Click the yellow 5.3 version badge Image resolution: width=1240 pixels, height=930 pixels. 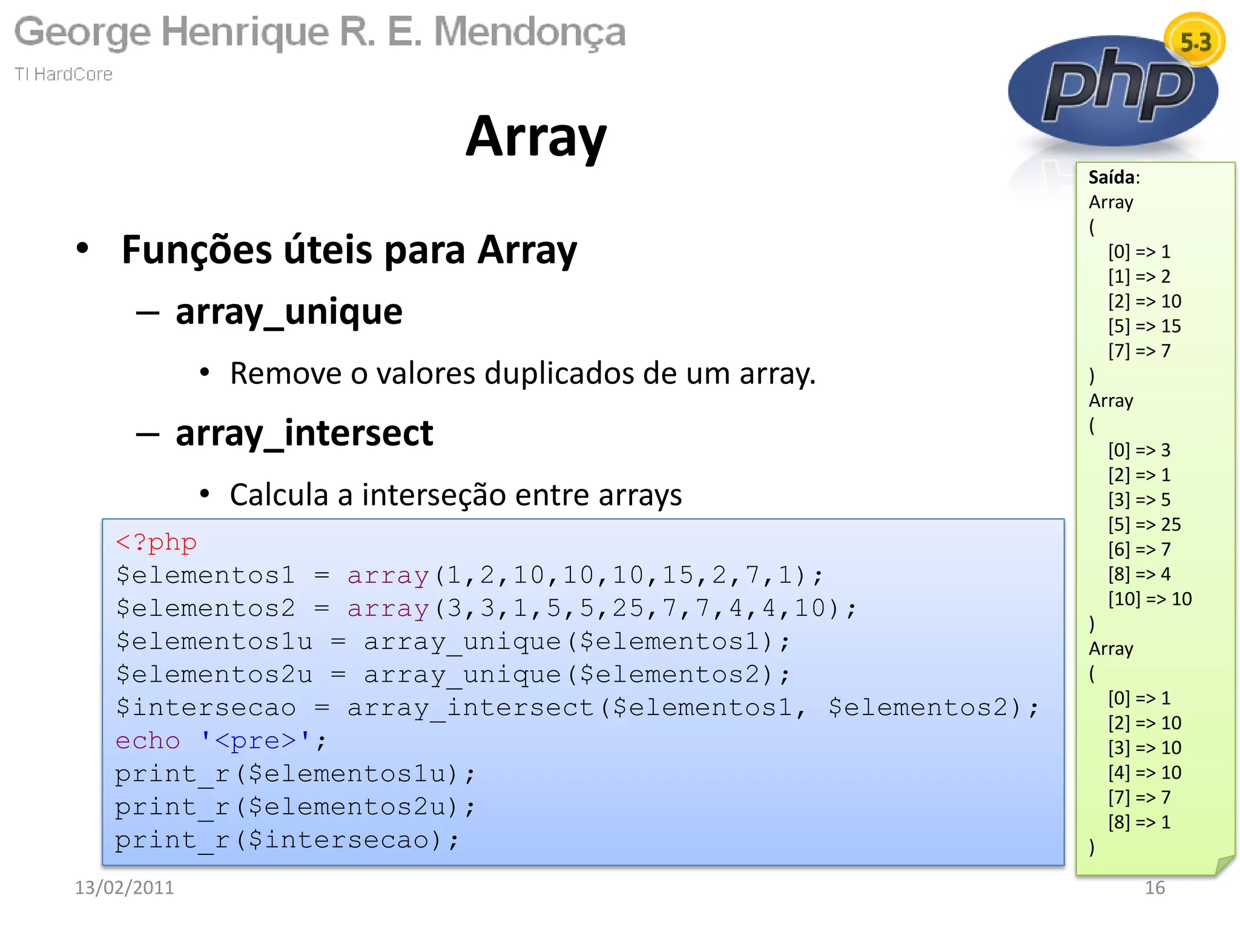tap(1195, 41)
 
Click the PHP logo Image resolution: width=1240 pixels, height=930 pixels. tap(1113, 91)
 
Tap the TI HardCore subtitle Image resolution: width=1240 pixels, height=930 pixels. tap(64, 74)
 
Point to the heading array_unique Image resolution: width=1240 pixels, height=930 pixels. tap(289, 312)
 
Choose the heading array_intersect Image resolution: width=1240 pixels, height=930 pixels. tap(304, 434)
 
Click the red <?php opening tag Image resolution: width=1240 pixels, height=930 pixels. tap(156, 542)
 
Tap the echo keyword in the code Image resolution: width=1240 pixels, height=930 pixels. tap(148, 740)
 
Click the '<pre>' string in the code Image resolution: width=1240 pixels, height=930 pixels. tap(255, 740)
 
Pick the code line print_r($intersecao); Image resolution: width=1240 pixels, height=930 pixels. tap(287, 840)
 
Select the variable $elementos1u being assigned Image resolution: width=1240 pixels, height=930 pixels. tap(214, 641)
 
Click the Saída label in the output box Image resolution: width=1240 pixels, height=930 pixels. tap(1113, 177)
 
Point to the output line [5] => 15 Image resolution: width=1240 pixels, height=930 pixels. tap(1144, 326)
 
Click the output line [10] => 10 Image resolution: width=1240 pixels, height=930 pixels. tap(1149, 599)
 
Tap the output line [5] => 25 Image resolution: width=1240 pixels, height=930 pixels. tap(1144, 525)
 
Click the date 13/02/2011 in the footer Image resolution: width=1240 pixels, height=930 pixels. tap(124, 888)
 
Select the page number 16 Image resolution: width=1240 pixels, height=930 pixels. tap(1154, 888)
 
